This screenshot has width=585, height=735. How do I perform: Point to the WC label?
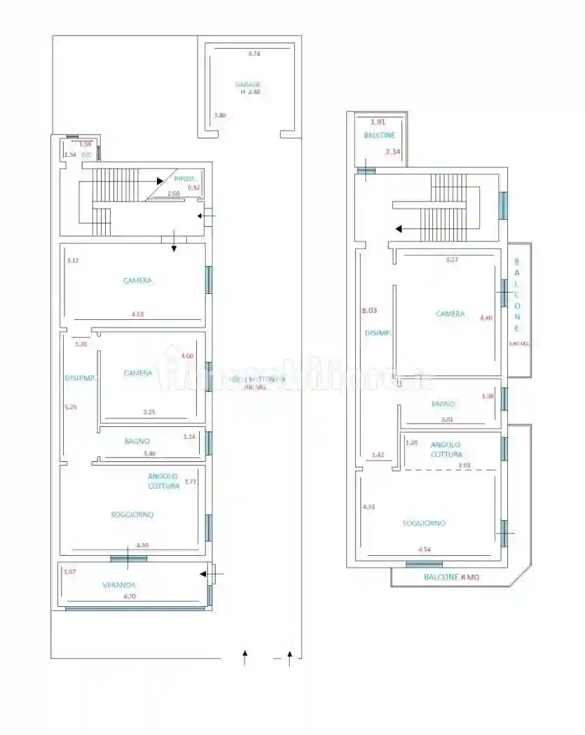coord(87,155)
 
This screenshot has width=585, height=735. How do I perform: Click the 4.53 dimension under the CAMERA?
coord(138,314)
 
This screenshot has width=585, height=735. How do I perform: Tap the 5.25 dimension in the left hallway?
coord(70,406)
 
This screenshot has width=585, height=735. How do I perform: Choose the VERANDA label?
coord(118,584)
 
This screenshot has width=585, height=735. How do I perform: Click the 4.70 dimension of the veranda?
coord(130,596)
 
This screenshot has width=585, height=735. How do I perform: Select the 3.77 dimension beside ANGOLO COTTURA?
coord(190,481)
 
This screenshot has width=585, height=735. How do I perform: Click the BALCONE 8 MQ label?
coord(450,577)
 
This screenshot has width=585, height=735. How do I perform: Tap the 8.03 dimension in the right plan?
coord(369,310)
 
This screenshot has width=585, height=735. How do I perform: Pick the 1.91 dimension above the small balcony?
coord(378,122)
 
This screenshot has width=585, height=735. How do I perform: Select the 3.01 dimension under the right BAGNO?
coord(446,420)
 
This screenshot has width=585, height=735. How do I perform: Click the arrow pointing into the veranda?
coord(205,574)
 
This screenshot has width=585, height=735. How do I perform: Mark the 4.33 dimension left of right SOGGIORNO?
coord(368,507)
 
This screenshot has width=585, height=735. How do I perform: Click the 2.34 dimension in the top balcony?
coord(392,152)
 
